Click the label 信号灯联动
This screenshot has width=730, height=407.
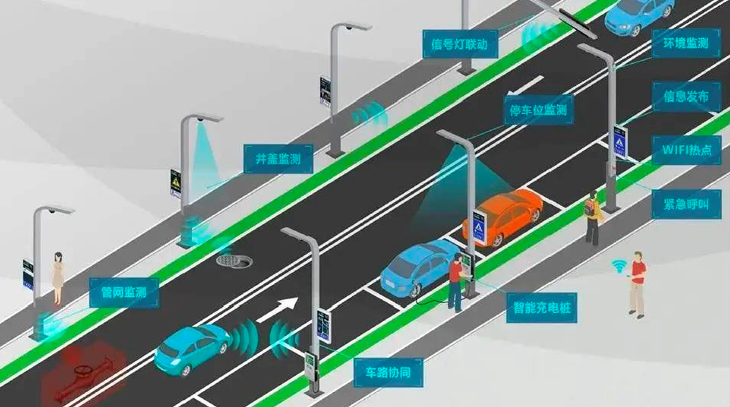460,44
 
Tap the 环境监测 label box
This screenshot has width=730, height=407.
686,43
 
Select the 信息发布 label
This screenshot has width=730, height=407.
686,97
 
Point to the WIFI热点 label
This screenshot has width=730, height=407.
686,150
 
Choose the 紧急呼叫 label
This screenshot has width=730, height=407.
686,204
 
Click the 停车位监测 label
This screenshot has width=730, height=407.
539,110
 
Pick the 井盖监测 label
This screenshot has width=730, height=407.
279,159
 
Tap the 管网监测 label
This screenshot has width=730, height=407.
124,293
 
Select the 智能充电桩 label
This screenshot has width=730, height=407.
541,308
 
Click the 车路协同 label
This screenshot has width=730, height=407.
388,372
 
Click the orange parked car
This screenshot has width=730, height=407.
503,217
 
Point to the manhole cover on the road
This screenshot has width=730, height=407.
234,261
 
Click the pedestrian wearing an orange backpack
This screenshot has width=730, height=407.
592,218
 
